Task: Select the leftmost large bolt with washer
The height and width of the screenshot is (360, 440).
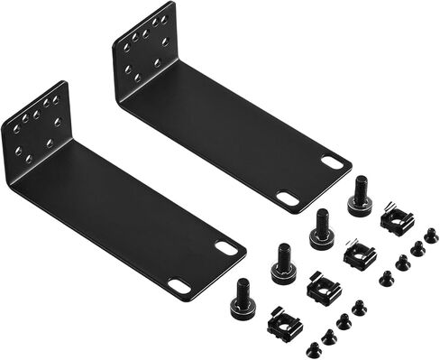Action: point(243,298)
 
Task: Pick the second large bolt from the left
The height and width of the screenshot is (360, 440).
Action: point(282,263)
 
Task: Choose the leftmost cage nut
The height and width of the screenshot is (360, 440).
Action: point(285,322)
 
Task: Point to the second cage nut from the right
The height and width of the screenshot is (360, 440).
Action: point(360,255)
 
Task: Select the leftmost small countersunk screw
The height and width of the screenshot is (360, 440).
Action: point(314,347)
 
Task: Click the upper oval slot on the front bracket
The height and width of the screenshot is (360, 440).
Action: point(229,248)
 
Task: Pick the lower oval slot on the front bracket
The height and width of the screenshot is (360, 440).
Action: point(179,286)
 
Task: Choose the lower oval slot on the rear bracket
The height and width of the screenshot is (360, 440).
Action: point(287,198)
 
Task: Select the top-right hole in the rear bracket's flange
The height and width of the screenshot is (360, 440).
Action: point(165,18)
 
